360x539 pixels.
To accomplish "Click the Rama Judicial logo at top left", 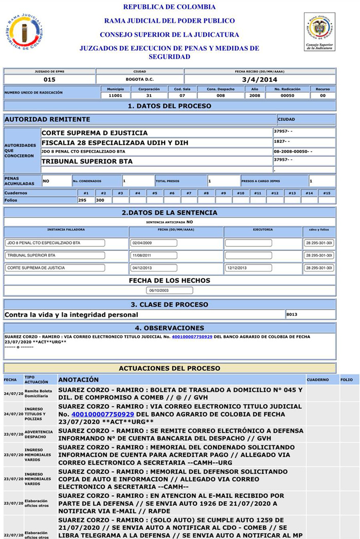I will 24,32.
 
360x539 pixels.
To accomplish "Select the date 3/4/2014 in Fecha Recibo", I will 260,80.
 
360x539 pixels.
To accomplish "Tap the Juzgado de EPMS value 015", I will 49,80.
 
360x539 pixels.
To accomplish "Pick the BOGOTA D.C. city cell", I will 139,80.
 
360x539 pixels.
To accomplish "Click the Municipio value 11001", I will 116,96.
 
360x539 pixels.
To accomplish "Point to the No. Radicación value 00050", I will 287,96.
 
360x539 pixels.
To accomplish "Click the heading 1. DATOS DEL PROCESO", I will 169,106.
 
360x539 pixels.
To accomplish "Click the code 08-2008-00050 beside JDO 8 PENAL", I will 293,152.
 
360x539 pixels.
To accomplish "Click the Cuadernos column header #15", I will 327,193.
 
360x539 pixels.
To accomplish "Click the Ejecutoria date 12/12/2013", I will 248,268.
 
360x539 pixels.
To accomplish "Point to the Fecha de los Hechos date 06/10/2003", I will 169,291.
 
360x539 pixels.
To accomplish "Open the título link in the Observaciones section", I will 192,337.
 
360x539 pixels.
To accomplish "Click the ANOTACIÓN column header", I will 78,380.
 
